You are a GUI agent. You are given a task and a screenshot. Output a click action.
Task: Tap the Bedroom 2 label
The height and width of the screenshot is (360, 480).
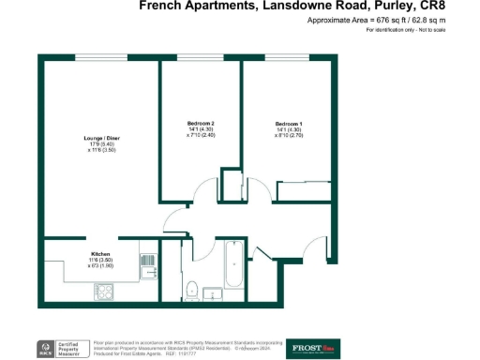pyautogui.click(x=201, y=124)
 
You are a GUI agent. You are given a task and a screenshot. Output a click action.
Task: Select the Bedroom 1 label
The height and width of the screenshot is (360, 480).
pyautogui.click(x=288, y=124)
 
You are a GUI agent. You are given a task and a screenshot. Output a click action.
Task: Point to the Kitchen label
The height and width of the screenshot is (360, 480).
pyautogui.click(x=101, y=254)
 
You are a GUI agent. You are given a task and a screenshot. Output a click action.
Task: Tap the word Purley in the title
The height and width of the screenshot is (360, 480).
pyautogui.click(x=386, y=6)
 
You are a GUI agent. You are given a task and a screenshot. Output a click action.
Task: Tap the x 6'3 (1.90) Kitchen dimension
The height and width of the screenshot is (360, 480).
pyautogui.click(x=100, y=266)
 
